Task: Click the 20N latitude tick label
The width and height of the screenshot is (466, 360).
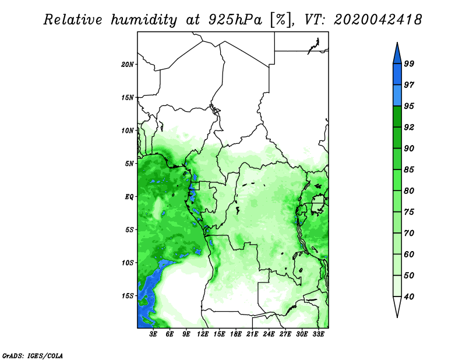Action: coord(128,65)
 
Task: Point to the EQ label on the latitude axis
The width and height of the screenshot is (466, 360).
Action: coord(129,197)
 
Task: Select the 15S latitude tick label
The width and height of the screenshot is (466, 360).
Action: coord(128,296)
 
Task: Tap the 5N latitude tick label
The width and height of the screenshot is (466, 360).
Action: coord(129,164)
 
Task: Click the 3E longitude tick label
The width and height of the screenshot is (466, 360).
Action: coord(153,334)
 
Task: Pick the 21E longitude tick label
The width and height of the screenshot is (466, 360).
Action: coord(252,334)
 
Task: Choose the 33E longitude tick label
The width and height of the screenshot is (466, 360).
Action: coord(318,334)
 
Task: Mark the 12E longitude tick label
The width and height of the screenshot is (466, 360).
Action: coord(203,334)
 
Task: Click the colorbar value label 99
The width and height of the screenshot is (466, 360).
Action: coord(409,63)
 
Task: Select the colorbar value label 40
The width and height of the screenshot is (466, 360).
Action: coord(409,297)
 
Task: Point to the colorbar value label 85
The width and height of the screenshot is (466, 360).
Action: coord(409,170)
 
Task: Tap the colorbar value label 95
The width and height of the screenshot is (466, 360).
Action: coord(409,106)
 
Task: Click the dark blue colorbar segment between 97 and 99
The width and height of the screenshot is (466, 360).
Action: coord(397,75)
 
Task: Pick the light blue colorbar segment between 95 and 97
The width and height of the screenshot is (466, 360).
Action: coord(397,96)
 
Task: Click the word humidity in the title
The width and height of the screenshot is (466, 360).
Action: coord(144,20)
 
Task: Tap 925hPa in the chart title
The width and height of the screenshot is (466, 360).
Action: coord(235,20)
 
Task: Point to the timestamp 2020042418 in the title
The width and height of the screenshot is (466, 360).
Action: coord(377,20)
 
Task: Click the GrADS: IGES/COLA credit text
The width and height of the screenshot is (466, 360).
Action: coord(33,355)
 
